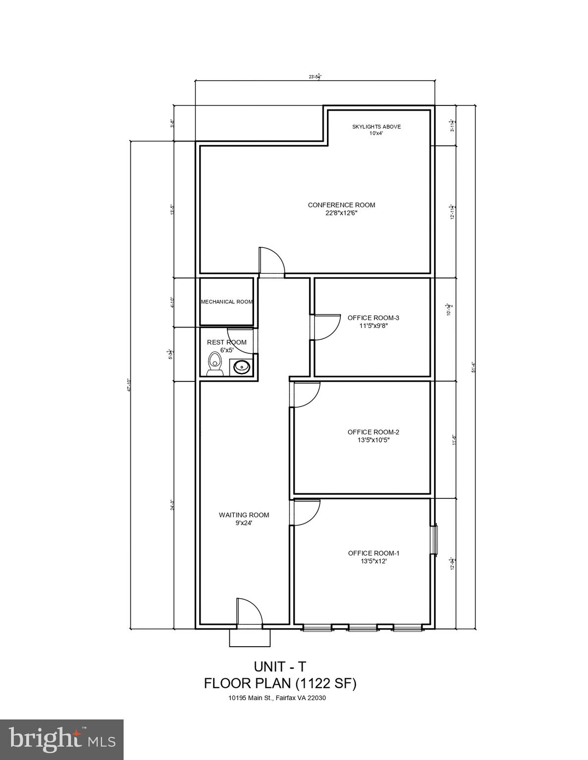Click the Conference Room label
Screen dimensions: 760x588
341,209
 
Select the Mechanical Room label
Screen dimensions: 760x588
226,302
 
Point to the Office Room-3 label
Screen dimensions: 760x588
373,322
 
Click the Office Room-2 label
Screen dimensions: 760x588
373,436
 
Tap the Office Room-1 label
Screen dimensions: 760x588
374,557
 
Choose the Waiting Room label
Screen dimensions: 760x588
244,519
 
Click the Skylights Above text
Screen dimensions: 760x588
376,130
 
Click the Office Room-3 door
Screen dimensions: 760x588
325,327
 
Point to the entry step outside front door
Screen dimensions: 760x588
250,638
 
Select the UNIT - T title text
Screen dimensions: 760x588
280,666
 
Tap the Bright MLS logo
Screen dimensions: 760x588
61,740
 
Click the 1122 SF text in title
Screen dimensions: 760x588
325,683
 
